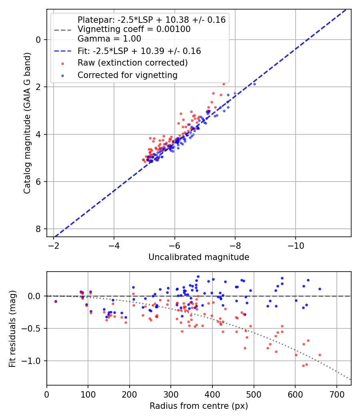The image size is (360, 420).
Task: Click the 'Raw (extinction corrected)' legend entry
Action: point(132,63)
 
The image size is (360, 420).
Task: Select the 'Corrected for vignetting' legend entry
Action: point(128,75)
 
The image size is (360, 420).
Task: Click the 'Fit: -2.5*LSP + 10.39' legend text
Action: point(139,51)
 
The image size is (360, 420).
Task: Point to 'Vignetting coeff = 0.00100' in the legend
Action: point(134,29)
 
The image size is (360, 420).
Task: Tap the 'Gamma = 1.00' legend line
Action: point(109,39)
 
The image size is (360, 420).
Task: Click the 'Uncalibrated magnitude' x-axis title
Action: point(199,257)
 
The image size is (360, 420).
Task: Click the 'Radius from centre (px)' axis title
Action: point(199,406)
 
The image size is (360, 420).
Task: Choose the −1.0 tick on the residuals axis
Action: point(33,361)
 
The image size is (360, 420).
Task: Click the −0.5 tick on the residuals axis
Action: point(33,328)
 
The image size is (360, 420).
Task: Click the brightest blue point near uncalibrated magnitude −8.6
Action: point(254,84)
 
